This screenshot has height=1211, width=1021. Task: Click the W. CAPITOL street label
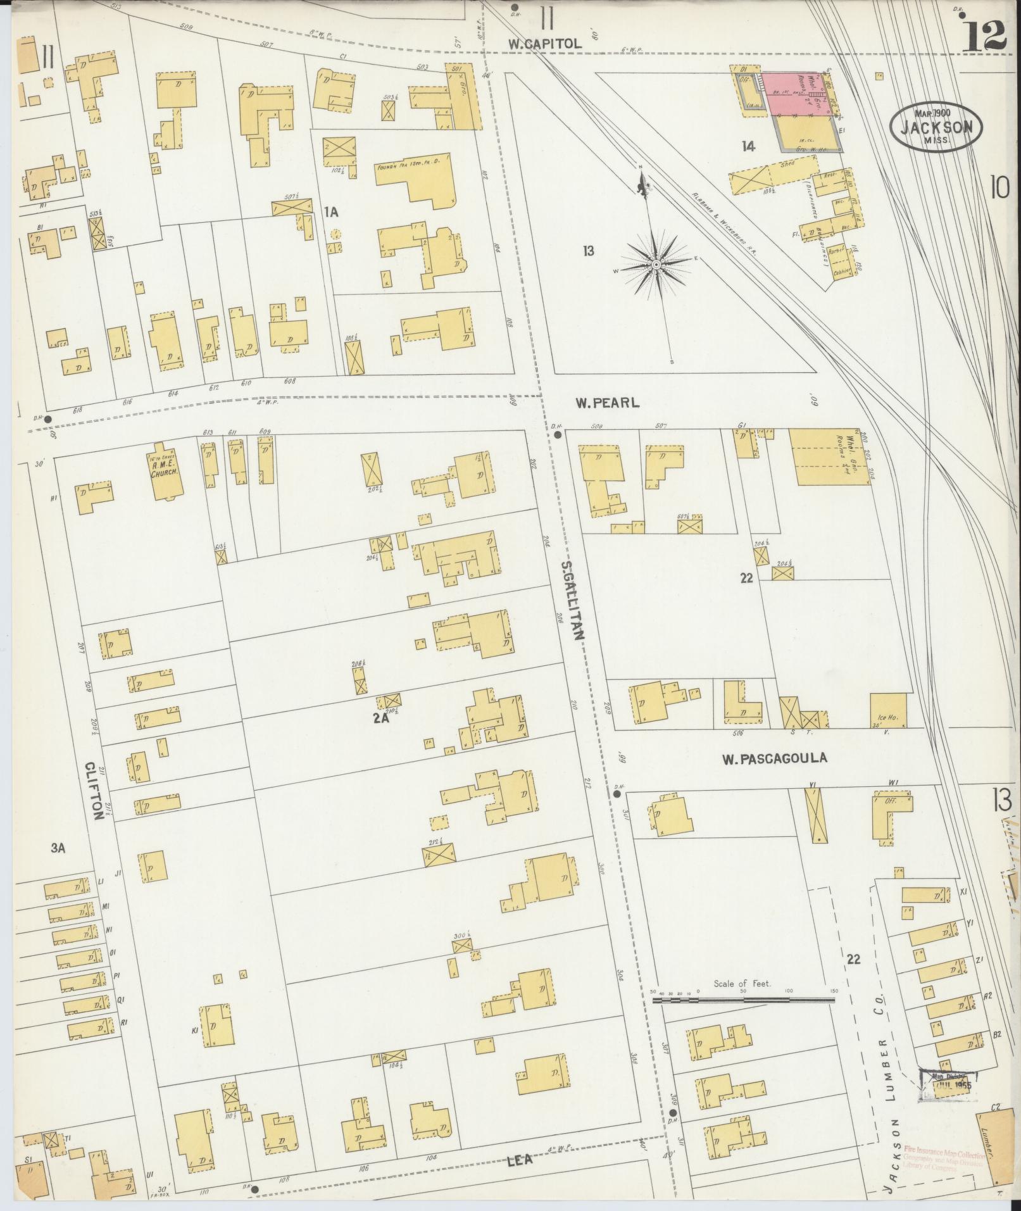pos(545,44)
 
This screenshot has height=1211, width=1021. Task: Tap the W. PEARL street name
pos(608,402)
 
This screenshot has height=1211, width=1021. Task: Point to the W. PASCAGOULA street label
pos(775,758)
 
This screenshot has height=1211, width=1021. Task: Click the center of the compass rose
pos(657,263)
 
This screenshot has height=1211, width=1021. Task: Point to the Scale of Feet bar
pos(743,1000)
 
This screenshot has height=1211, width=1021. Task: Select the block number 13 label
pos(589,251)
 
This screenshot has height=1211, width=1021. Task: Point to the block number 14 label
pos(749,147)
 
